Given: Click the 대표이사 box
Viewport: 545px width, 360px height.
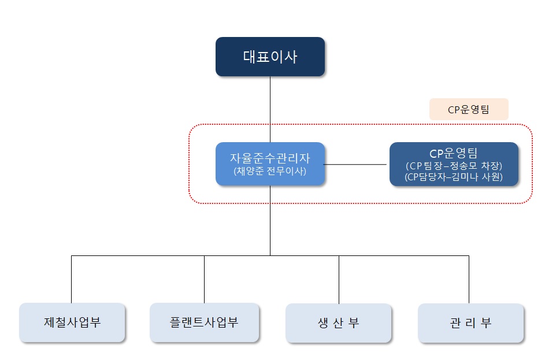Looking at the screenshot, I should pos(270,57).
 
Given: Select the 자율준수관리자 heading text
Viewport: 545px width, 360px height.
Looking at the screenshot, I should pos(269,157).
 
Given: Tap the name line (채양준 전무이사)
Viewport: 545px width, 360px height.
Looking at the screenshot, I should pos(269,171).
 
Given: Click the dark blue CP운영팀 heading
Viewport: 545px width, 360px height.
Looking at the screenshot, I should pos(454,154).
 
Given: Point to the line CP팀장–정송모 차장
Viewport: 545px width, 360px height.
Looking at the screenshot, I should pos(454,166).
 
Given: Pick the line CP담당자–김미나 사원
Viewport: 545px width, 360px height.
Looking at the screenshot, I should pos(454,177).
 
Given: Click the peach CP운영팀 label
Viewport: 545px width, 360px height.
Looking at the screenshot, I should pos(468,109).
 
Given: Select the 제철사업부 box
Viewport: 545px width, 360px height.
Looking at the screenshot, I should pos(72,322).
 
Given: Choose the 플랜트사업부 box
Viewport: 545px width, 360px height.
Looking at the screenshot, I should pos(204,322).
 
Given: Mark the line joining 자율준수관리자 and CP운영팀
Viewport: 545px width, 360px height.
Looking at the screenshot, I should pos(356,165).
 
